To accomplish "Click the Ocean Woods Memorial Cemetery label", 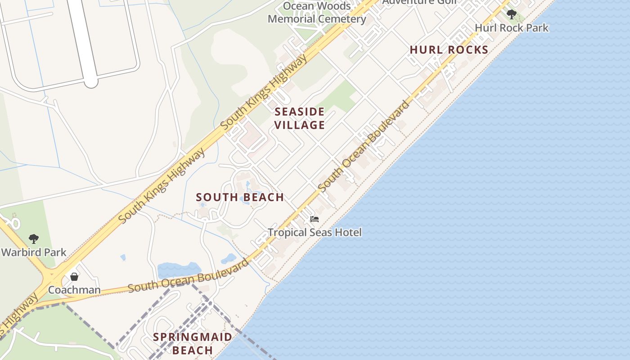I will click(317, 13).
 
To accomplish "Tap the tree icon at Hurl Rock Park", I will click(511, 14).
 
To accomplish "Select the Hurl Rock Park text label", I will click(512, 28).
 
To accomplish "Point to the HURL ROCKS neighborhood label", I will click(449, 50).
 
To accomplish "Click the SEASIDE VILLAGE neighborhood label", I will click(300, 118).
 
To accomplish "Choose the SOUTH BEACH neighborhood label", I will click(240, 197).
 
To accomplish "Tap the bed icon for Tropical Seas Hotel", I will click(315, 219).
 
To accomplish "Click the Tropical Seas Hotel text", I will click(315, 233).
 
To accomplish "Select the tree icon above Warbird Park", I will click(33, 238).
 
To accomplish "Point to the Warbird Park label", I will click(34, 252).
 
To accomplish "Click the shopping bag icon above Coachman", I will click(74, 276).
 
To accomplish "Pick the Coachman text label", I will click(74, 290).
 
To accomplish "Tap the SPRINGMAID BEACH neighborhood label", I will click(193, 343).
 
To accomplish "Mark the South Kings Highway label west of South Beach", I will click(162, 185).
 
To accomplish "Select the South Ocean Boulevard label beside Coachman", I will click(188, 276).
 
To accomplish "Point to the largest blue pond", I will click(179, 270).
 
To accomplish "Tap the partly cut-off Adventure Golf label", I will click(419, 2).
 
